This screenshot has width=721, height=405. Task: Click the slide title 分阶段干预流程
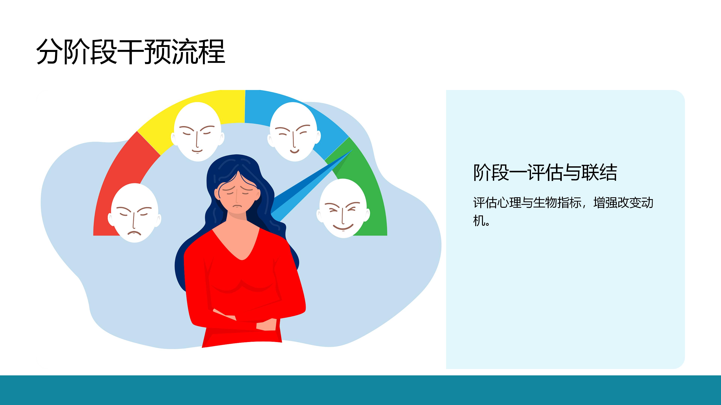[x=131, y=52]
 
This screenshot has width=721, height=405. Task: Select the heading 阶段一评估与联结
[x=545, y=173]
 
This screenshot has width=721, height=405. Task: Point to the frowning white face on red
[x=135, y=213]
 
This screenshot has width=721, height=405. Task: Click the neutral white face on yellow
[x=198, y=132]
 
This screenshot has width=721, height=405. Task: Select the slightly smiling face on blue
[x=294, y=132]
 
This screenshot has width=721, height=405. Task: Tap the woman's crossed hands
[x=246, y=321]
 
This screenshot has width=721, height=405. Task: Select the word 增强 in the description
[x=605, y=203]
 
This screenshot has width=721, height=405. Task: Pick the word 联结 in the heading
[x=599, y=173]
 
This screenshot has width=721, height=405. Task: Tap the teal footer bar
[x=360, y=390]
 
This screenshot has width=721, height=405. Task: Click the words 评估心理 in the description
[x=497, y=203]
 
